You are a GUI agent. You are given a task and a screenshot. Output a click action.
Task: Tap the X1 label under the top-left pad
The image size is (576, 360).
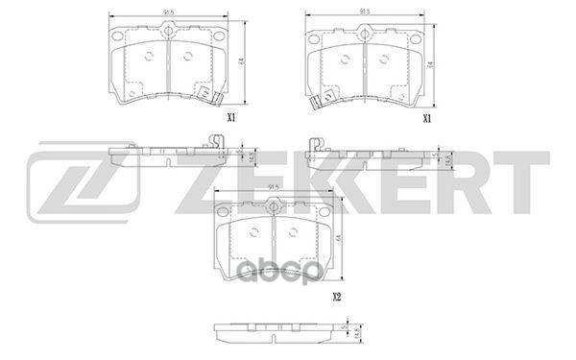pos(230,118)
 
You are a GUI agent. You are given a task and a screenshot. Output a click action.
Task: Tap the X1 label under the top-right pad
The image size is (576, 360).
pos(428,118)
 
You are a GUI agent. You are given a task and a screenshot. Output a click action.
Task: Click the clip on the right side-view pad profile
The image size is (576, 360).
pos(314,143)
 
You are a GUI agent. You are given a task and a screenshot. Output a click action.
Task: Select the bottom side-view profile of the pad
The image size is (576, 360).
pos(274,334)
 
